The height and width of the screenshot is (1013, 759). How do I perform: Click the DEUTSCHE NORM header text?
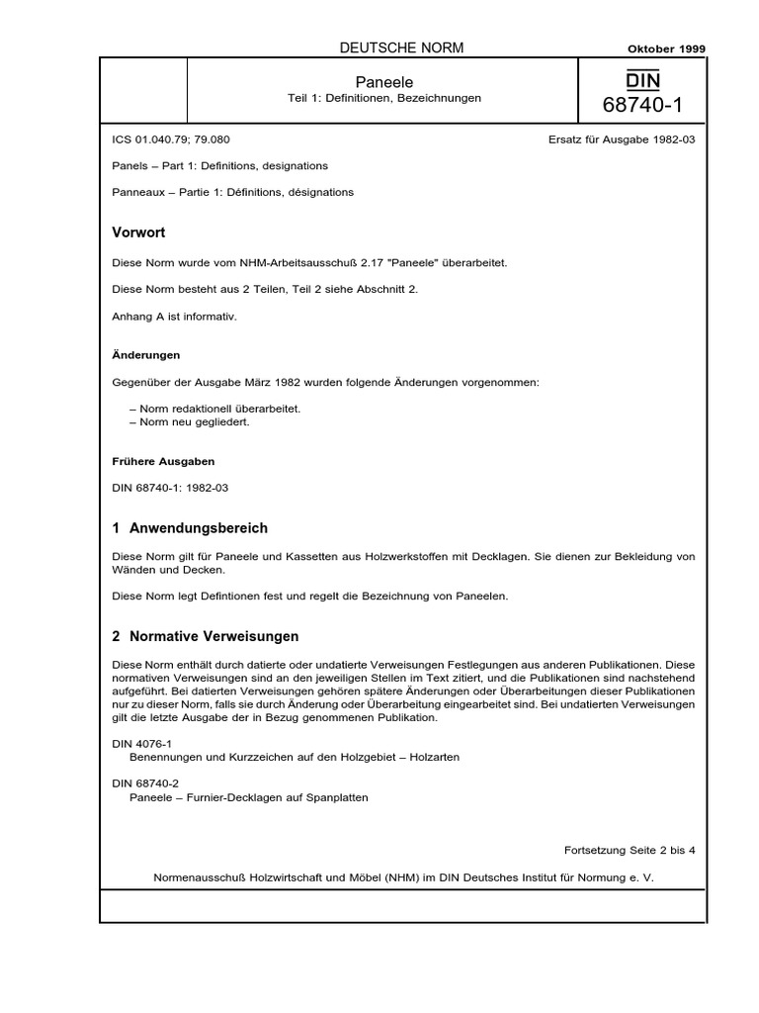click(x=401, y=47)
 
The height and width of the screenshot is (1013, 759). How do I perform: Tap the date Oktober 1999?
click(x=667, y=48)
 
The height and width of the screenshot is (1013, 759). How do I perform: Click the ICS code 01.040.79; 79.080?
click(x=173, y=139)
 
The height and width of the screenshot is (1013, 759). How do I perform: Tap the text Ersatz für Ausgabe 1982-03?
click(x=622, y=139)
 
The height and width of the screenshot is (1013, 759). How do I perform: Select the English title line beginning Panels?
click(x=221, y=165)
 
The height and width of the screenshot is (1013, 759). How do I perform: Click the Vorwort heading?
click(x=139, y=232)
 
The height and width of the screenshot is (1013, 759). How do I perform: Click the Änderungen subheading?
click(x=146, y=354)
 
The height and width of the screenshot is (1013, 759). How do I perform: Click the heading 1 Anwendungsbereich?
click(x=191, y=528)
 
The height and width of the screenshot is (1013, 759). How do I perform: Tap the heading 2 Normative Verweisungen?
click(x=207, y=636)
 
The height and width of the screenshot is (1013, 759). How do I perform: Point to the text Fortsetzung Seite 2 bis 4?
click(x=630, y=850)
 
